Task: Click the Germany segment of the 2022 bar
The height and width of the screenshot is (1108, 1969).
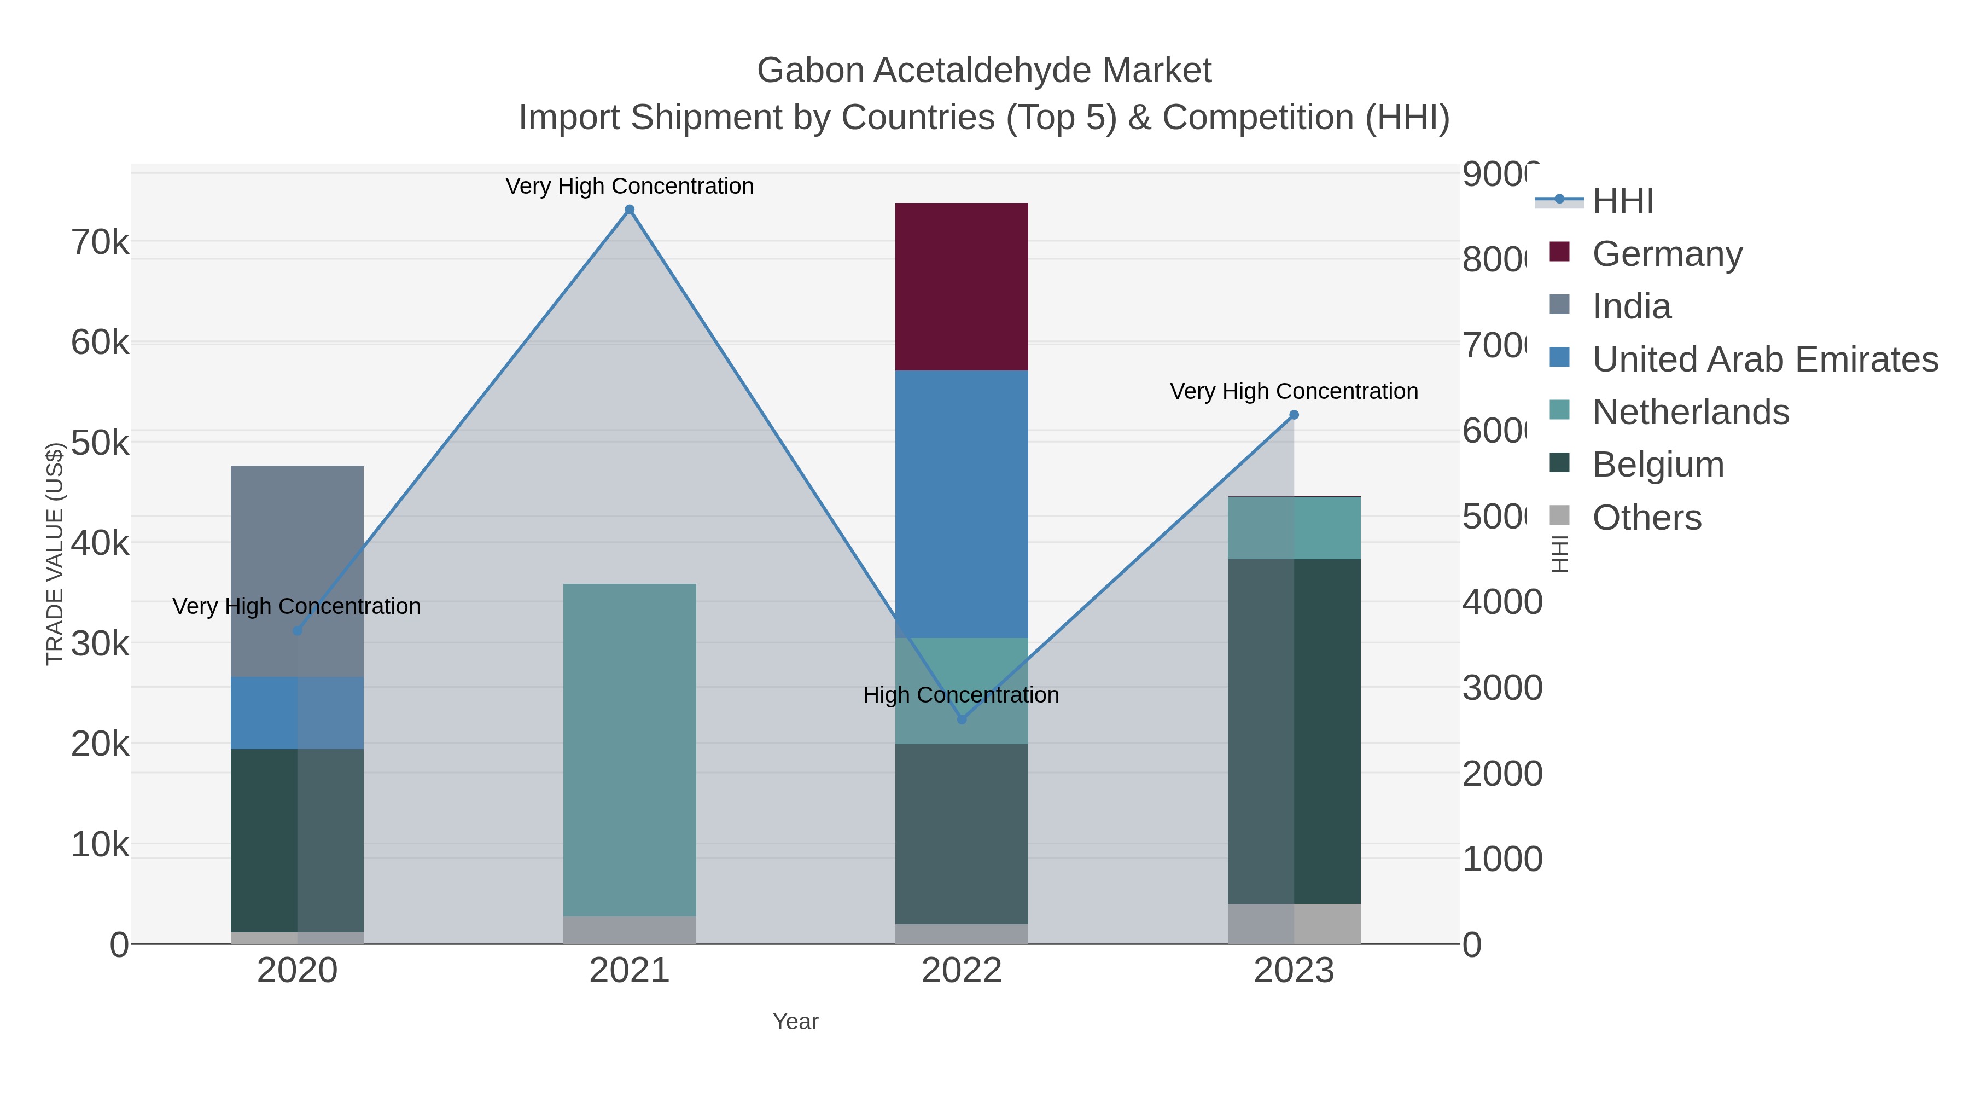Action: [x=961, y=287]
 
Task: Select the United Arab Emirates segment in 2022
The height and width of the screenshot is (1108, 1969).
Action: [x=961, y=504]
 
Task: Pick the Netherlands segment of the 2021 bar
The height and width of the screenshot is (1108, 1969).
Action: [x=629, y=750]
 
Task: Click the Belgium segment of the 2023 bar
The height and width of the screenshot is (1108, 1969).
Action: [x=1294, y=731]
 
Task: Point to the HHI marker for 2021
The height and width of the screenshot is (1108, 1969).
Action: [x=629, y=210]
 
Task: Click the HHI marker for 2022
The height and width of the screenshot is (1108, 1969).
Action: [x=962, y=720]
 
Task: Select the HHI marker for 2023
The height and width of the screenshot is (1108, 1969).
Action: [x=1294, y=415]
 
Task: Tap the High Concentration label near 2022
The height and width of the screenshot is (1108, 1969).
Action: [x=961, y=695]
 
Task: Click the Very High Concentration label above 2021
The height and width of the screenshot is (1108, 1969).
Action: [x=629, y=186]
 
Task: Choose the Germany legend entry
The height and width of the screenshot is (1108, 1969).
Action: [x=1667, y=254]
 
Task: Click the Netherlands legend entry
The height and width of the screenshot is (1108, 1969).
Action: [x=1690, y=412]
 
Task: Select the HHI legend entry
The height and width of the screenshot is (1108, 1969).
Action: [x=1622, y=201]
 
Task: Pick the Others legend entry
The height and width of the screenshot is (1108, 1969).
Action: [x=1646, y=518]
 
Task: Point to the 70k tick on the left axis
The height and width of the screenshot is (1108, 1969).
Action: [x=100, y=242]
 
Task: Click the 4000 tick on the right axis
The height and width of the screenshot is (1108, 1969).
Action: [x=1500, y=602]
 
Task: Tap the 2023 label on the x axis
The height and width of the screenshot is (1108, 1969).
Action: [x=1294, y=970]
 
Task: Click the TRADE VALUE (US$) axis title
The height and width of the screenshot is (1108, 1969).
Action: [x=54, y=554]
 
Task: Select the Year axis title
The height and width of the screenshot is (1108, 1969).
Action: [x=795, y=1022]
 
